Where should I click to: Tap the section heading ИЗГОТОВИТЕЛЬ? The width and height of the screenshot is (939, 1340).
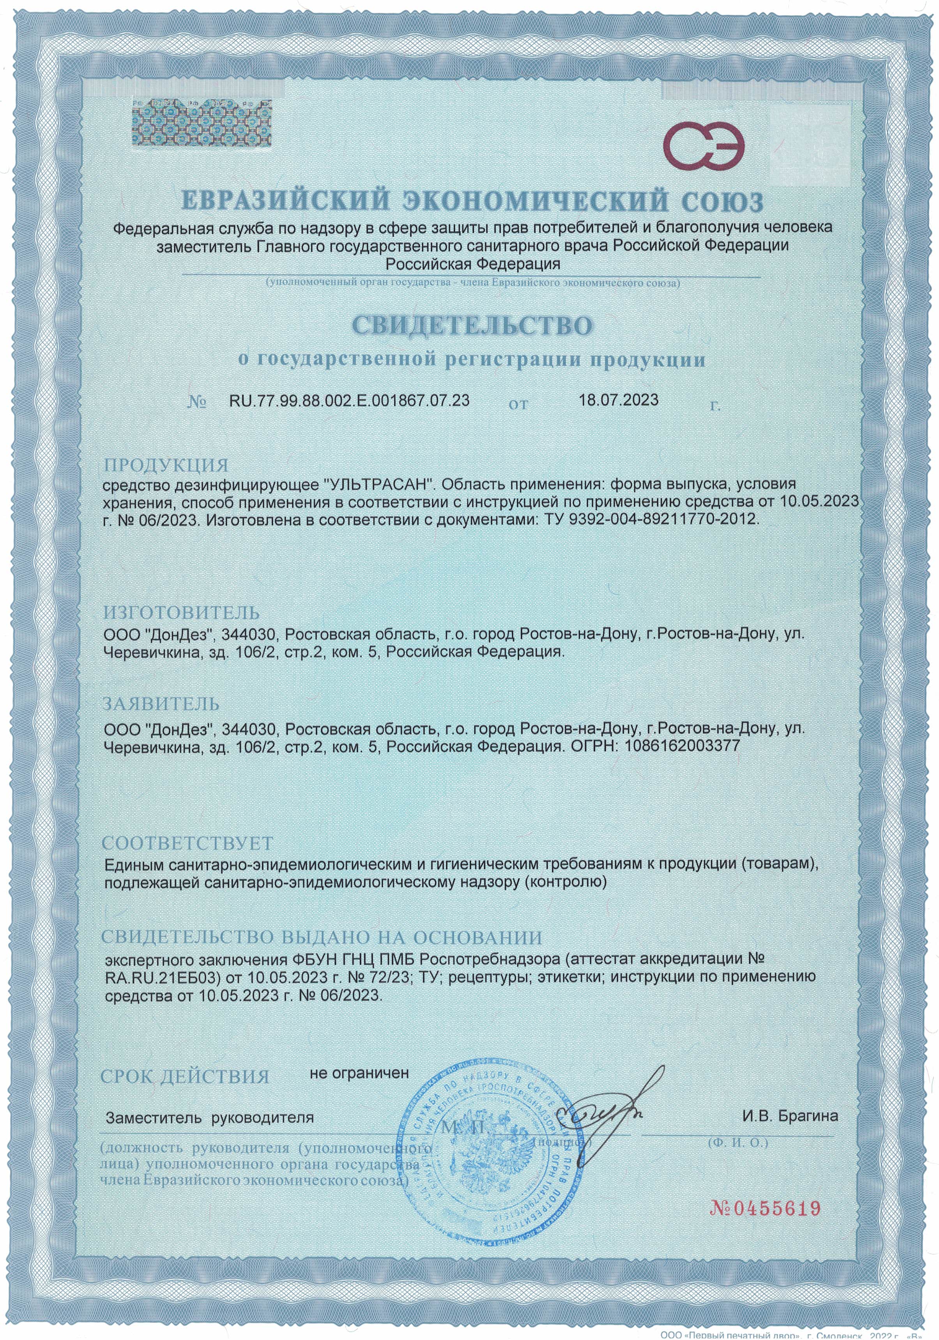[x=181, y=613]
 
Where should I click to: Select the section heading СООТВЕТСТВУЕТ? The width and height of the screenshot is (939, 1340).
[x=187, y=843]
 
